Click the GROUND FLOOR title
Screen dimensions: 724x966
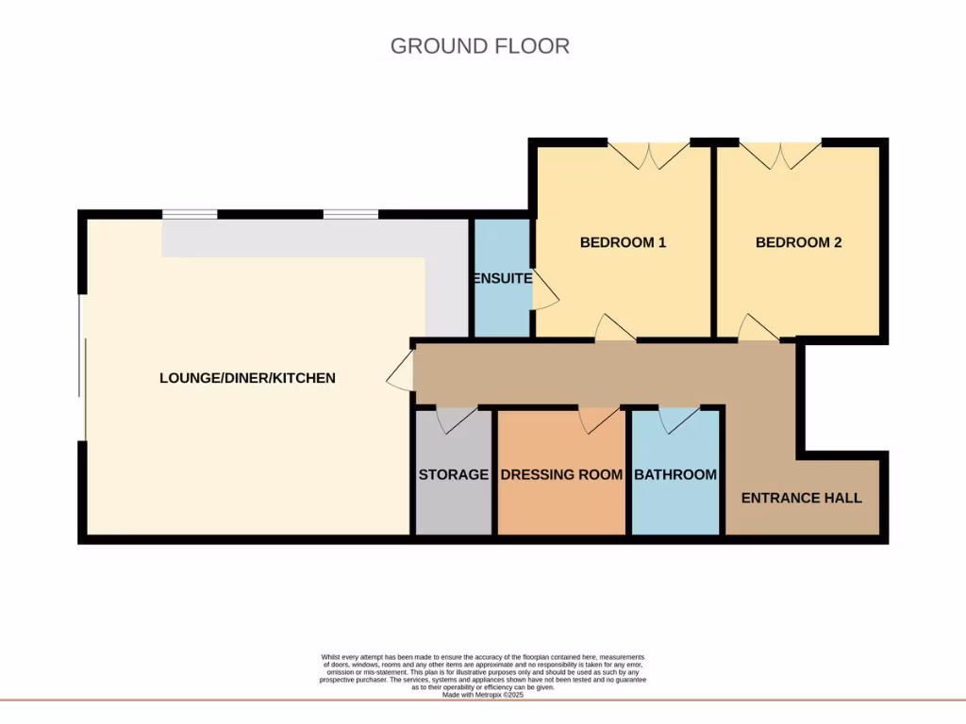coord(479,45)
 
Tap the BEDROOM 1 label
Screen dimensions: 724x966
coord(623,242)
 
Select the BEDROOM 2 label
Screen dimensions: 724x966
coord(798,242)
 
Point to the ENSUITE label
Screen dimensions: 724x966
coord(502,279)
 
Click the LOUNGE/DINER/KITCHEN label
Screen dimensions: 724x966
coord(247,378)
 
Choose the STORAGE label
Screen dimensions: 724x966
coord(453,474)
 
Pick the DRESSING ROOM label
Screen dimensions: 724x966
coord(561,474)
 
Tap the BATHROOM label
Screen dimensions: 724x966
coord(675,474)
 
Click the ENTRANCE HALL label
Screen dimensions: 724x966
coord(801,498)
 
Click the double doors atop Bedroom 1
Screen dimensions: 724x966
coord(648,154)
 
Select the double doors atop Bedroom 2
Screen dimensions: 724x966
coord(779,154)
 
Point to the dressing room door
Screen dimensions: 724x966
coord(599,420)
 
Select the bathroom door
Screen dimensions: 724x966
coord(679,420)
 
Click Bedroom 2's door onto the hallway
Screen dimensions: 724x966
coord(758,329)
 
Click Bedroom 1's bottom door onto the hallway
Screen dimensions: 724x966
coord(614,329)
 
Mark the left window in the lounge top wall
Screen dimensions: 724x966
coord(189,214)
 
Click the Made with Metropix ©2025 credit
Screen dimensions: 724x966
coord(482,695)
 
